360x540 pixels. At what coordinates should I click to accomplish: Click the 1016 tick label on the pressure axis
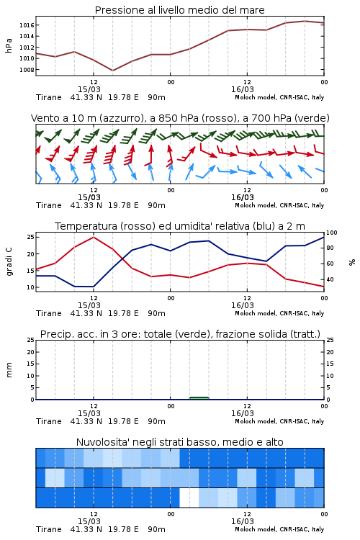[27, 25]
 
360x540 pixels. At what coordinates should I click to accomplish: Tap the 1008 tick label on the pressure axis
[27, 70]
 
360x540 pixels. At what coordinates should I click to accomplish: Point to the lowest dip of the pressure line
[112, 71]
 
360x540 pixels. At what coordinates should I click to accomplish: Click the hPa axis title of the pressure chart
[9, 45]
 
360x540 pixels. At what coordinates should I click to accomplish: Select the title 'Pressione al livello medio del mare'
[180, 10]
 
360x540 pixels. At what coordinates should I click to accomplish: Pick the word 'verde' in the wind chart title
[313, 118]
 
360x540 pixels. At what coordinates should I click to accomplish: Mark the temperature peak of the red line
[94, 237]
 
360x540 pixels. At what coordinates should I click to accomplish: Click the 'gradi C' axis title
[9, 261]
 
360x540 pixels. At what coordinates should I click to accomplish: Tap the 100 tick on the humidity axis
[332, 233]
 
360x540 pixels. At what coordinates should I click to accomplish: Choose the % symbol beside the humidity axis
[352, 262]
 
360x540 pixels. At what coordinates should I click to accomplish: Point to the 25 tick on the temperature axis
[31, 237]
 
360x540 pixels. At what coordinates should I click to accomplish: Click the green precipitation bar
[199, 397]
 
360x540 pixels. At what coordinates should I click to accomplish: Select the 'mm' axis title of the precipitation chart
[9, 370]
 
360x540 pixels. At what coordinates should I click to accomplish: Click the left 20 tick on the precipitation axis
[31, 352]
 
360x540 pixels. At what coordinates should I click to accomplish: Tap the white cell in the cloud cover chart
[189, 498]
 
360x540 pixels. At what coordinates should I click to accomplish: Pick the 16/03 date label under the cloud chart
[243, 521]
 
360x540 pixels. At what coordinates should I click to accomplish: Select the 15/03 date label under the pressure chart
[89, 89]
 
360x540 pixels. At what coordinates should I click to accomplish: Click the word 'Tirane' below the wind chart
[49, 205]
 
